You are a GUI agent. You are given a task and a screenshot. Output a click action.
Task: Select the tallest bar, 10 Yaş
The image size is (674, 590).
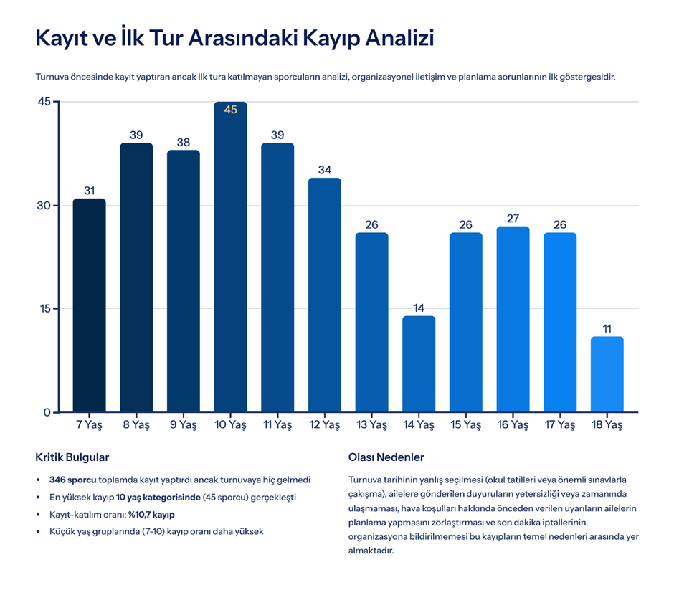(x=230, y=258)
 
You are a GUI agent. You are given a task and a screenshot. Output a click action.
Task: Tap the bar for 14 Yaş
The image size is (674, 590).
(x=419, y=363)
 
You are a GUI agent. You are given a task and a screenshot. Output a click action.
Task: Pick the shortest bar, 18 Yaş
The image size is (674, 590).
(x=607, y=374)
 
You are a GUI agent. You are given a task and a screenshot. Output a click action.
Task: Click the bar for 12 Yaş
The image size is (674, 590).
(x=325, y=295)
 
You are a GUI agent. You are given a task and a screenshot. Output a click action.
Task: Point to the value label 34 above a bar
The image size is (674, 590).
(x=325, y=170)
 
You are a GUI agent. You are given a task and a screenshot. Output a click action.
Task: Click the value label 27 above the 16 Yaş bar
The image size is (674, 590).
(x=513, y=219)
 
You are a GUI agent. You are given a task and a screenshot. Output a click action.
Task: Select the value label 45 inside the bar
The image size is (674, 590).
(x=230, y=110)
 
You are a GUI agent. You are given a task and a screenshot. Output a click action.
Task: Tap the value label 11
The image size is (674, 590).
(x=607, y=329)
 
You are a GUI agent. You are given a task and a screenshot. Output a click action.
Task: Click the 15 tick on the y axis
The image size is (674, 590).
(x=44, y=309)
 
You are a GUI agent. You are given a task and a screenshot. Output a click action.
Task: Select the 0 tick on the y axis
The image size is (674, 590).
(x=47, y=412)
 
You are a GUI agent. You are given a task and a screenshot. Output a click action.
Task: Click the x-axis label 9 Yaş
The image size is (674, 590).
(x=183, y=424)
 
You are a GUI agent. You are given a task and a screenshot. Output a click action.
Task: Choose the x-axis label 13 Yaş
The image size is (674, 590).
(x=371, y=424)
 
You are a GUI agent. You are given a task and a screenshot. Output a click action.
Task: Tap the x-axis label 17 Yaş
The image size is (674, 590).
(x=560, y=424)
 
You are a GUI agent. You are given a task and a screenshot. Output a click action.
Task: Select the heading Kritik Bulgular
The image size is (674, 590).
(x=72, y=457)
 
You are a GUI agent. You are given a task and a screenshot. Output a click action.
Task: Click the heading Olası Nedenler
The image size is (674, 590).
(x=386, y=457)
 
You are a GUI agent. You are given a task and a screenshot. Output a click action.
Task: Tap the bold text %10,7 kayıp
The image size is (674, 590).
(x=151, y=515)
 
